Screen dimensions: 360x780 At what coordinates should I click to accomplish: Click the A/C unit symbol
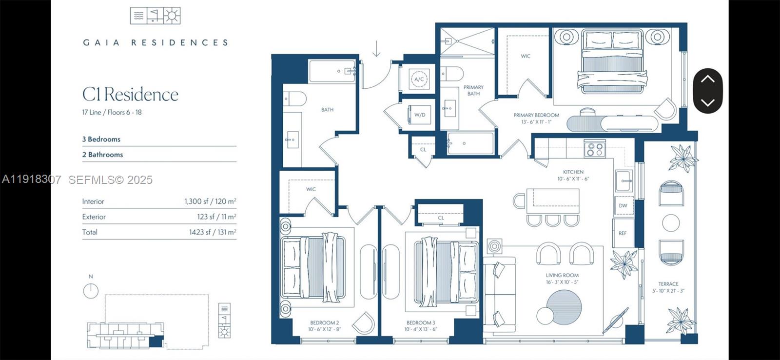coord(419,79)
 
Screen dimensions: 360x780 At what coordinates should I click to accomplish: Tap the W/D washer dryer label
coord(420,115)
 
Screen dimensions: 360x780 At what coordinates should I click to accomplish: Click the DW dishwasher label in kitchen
coord(623,206)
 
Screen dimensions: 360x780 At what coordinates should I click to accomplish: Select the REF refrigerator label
coord(623,233)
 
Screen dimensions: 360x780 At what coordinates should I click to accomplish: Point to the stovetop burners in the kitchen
coord(594,149)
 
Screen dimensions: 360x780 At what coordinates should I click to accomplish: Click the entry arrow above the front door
coord(376,49)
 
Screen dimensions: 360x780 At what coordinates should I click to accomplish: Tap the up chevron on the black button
coord(707,79)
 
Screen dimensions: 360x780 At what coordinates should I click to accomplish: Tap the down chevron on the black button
coord(707,102)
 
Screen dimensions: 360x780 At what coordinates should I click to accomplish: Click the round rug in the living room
coord(564,307)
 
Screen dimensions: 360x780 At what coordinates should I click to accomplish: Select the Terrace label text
coord(668,284)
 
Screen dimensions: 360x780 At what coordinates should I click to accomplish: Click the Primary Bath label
coord(473,90)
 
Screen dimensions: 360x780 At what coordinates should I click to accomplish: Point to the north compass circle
coord(91,292)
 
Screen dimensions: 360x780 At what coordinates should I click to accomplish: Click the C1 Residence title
coord(130,95)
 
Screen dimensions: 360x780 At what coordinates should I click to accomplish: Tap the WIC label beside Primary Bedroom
coord(525,56)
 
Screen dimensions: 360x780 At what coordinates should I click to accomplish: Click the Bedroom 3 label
coord(421,322)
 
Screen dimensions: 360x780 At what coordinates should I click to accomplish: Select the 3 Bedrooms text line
coord(101,139)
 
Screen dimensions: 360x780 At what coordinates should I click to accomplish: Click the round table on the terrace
coord(671,223)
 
